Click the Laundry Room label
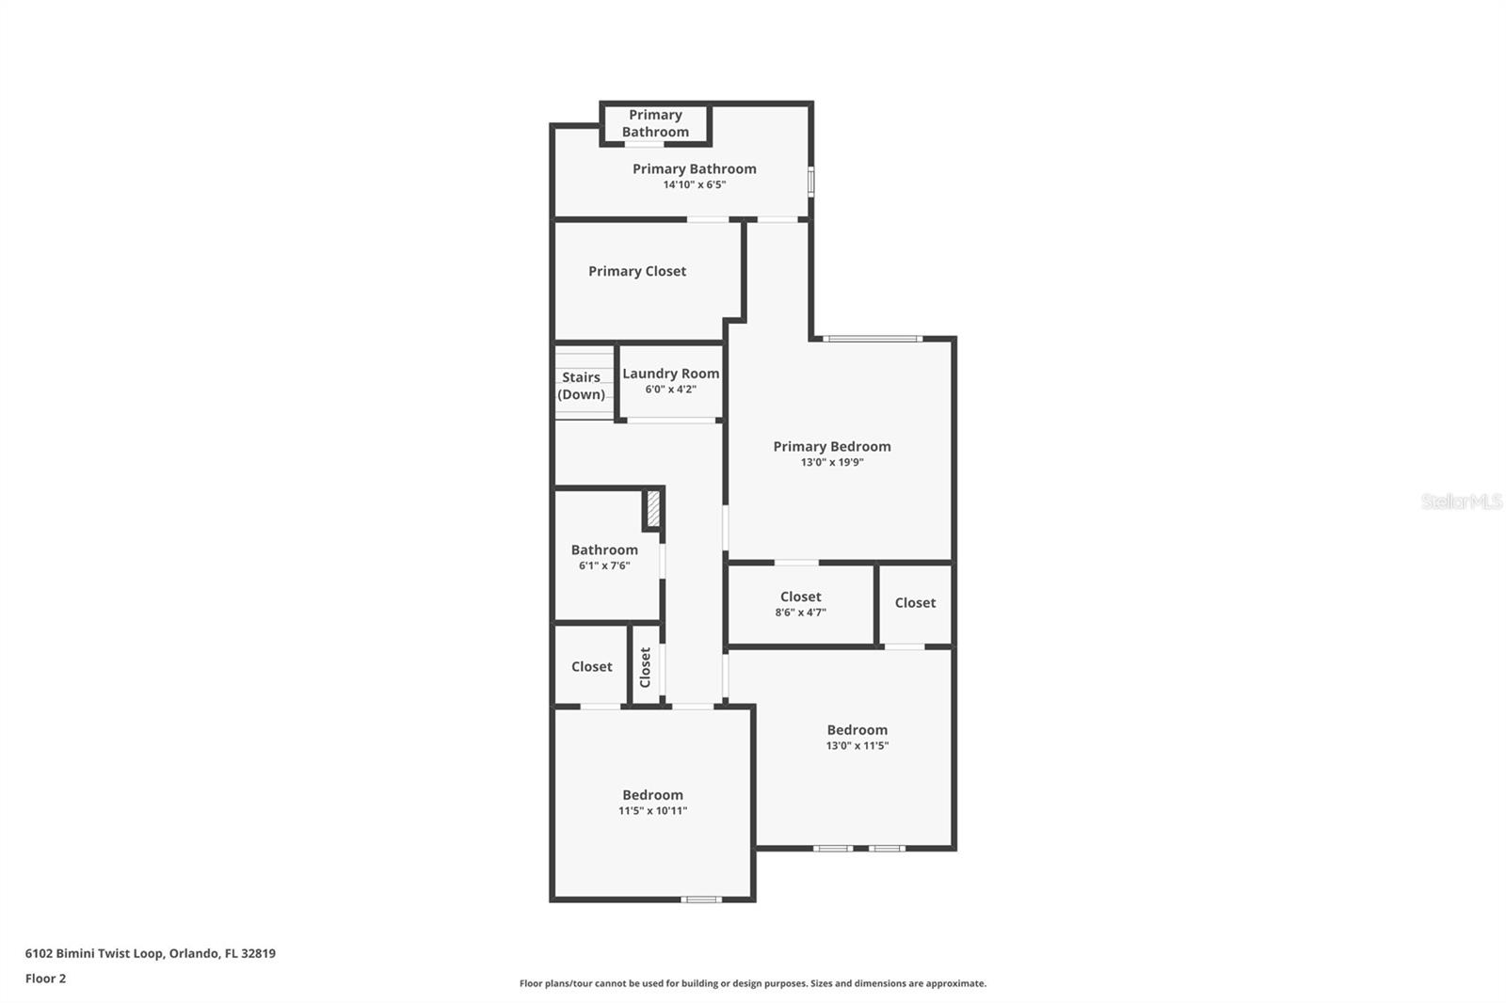coord(670,374)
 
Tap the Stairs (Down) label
coord(581,386)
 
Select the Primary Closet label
coord(637,271)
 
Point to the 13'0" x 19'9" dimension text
coord(832,463)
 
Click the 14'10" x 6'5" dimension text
coord(694,184)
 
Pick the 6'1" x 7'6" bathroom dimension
coord(604,565)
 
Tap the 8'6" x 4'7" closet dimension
coord(800,613)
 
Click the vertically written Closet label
coord(646,667)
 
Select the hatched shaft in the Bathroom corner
coord(653,509)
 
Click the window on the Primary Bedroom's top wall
coord(873,339)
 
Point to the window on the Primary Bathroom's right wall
coord(810,182)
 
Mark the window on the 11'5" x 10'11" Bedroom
coord(701,900)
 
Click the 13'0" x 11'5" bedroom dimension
coord(857,746)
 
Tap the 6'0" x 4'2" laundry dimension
coord(670,390)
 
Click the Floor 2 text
coord(45,979)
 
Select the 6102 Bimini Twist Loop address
coord(150,953)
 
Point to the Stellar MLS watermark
coord(1461,501)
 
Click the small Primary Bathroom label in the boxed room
coord(655,123)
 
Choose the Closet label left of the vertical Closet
coord(591,666)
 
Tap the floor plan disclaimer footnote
coord(752,983)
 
